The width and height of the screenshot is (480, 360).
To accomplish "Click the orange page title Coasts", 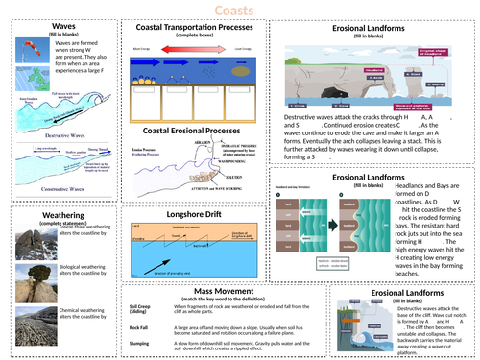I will click(239, 12).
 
